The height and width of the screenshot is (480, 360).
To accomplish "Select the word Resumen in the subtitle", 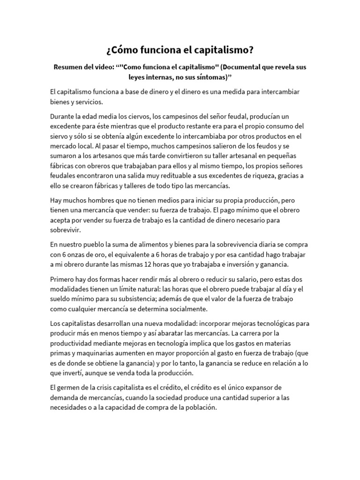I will [x=71, y=67].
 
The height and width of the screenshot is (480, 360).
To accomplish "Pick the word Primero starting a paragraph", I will [x=64, y=279].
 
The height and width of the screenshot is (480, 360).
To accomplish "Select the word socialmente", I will [x=193, y=308].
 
